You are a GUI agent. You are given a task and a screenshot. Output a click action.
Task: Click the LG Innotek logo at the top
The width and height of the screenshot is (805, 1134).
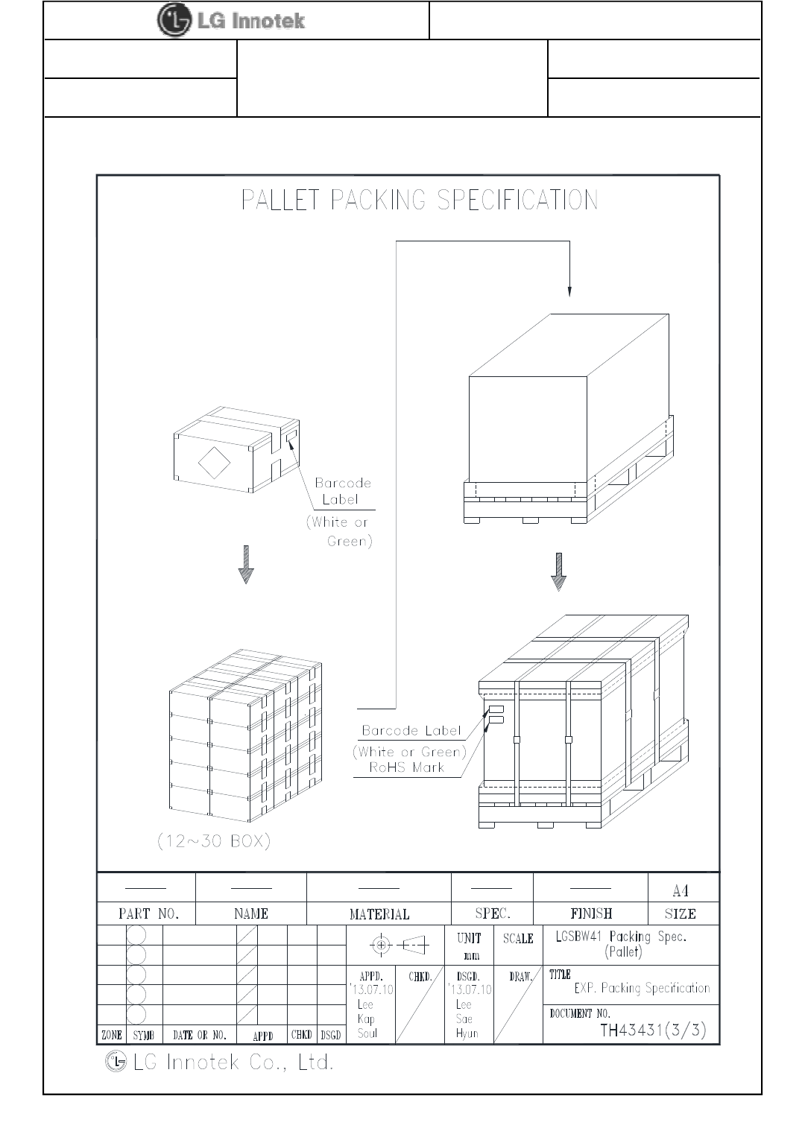pos(231,20)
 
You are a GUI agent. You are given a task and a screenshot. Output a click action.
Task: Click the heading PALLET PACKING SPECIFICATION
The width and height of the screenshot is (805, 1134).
pos(420,200)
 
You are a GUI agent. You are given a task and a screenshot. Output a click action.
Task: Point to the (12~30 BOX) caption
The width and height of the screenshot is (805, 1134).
pos(214,841)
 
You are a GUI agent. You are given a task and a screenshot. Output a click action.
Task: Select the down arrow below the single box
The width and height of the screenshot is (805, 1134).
pos(246,565)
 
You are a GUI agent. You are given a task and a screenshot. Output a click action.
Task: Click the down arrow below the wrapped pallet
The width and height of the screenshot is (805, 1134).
pos(558,571)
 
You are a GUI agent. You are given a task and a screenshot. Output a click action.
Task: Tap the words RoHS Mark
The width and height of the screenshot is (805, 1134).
pos(407,767)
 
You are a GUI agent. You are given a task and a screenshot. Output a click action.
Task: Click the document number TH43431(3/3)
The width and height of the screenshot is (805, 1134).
pos(653,1030)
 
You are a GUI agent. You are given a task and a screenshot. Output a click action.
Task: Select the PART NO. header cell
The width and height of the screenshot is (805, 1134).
pos(148,913)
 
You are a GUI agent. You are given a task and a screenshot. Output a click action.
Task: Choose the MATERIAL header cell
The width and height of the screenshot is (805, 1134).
pos(379,914)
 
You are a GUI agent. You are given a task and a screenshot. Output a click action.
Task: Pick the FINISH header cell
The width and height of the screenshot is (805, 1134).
pos(591,913)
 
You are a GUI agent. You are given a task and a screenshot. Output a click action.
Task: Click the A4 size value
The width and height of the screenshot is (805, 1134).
pos(680,890)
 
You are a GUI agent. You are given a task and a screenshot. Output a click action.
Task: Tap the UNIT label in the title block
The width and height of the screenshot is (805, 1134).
pos(469,938)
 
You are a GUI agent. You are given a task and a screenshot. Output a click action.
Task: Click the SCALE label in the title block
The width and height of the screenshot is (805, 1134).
pos(518,939)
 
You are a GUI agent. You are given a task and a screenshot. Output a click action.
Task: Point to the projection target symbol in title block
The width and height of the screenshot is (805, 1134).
pos(381,945)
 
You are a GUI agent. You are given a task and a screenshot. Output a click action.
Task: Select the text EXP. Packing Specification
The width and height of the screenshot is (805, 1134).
pos(642,989)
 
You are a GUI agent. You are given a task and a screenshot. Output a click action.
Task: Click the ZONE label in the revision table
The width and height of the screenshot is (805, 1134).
pos(112,1035)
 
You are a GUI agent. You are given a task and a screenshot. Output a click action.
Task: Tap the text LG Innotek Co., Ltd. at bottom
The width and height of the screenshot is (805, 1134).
pos(233,1062)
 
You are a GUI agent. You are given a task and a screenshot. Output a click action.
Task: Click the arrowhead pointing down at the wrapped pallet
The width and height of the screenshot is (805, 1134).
pos(569,291)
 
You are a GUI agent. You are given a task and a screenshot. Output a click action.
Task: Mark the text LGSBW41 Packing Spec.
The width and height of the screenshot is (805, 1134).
pos(621,937)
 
